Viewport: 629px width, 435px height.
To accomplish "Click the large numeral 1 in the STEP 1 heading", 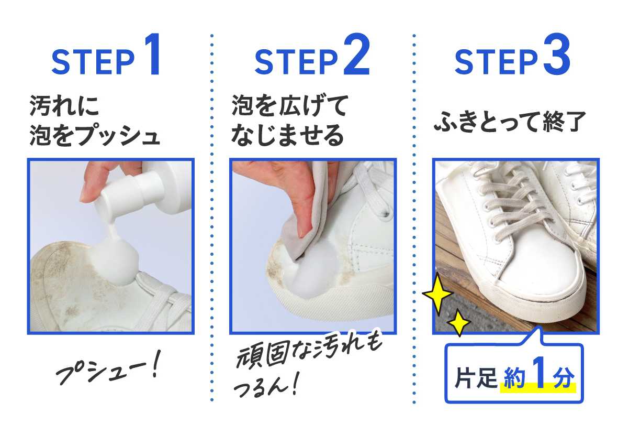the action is point(152,54).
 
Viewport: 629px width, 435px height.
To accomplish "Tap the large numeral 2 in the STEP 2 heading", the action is point(356,54).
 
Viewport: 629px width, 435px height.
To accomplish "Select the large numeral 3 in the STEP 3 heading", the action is point(557,54).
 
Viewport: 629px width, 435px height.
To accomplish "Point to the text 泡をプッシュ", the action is point(95,135).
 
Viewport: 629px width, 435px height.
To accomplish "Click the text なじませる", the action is point(287,135).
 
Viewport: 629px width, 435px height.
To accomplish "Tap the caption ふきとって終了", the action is point(509,122).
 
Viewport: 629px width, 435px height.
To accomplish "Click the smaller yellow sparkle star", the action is point(459,323).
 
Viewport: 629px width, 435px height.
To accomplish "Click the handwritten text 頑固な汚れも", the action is point(309,352).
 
